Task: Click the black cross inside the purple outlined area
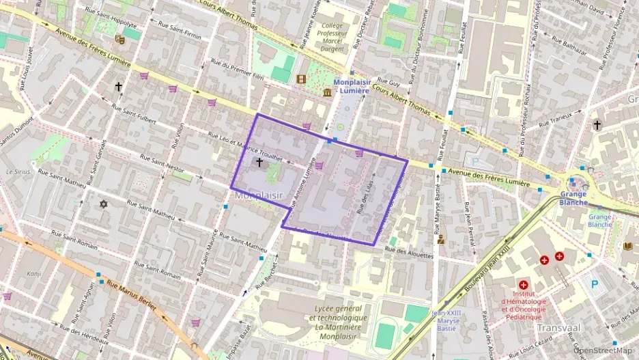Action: click(x=259, y=163)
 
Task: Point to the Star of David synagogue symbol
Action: click(x=104, y=204)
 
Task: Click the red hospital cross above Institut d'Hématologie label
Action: click(x=524, y=285)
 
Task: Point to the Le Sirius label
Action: click(x=18, y=171)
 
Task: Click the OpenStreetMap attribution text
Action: click(x=603, y=350)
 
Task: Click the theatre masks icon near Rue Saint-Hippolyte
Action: click(x=119, y=40)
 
